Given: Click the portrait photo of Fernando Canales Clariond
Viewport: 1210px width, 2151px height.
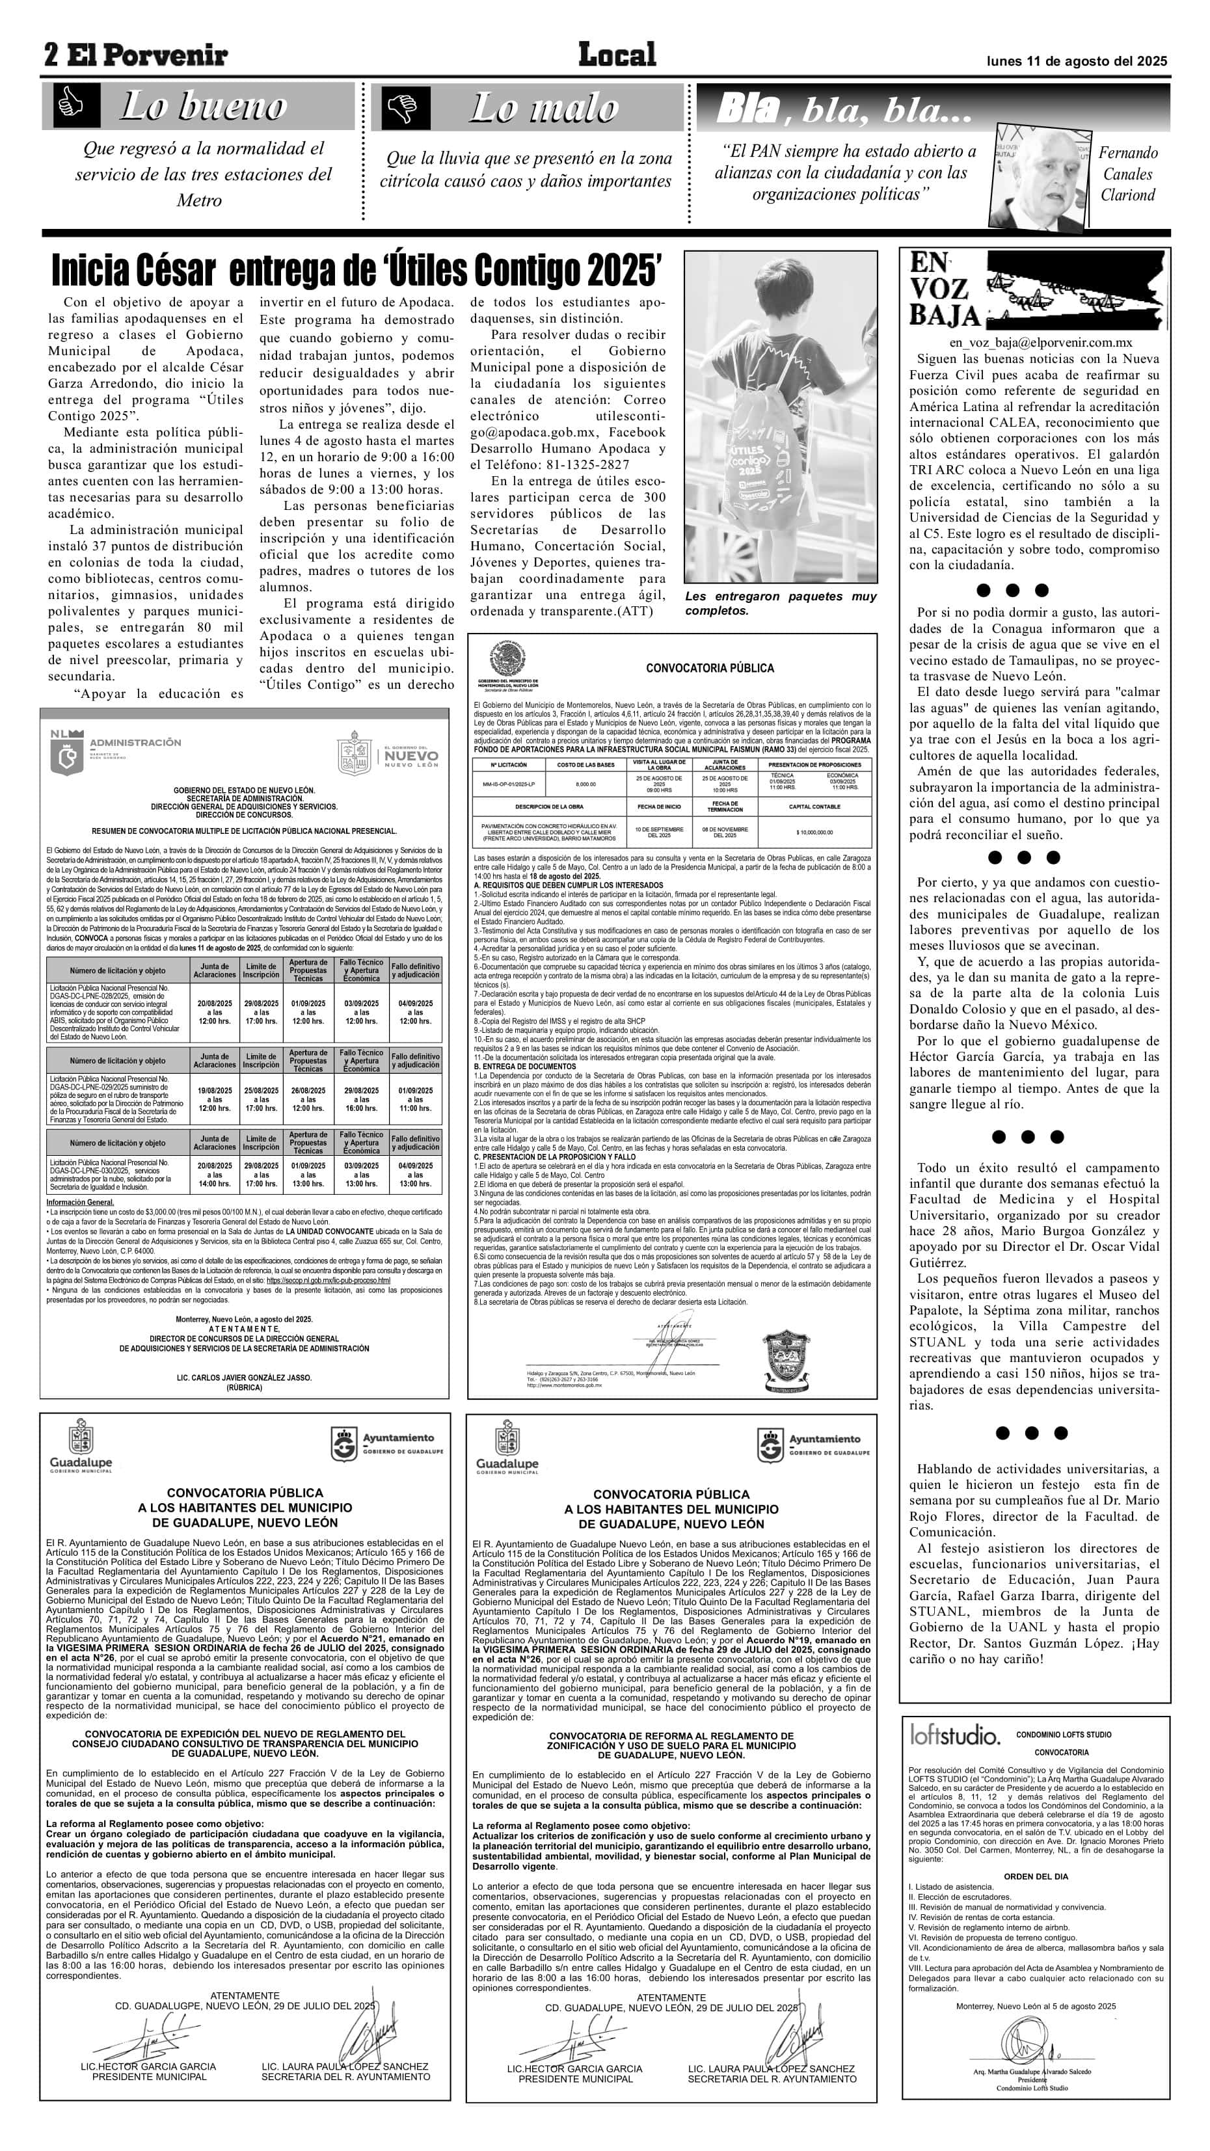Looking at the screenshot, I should pyautogui.click(x=1040, y=178).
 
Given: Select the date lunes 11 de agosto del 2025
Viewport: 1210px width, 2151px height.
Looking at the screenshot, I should pyautogui.click(x=1077, y=61).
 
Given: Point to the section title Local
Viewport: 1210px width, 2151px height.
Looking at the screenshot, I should pyautogui.click(x=617, y=55).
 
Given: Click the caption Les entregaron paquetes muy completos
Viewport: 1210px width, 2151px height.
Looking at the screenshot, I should pyautogui.click(x=780, y=603).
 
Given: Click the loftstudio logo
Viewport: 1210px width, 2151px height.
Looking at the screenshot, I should pyautogui.click(x=954, y=1736).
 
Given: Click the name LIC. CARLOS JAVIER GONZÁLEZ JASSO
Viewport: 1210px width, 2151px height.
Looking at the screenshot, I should pyautogui.click(x=244, y=1378).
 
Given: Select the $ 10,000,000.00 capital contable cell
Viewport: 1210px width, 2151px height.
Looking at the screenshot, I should pyautogui.click(x=814, y=833).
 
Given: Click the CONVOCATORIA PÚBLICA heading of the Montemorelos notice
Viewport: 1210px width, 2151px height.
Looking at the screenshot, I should pyautogui.click(x=710, y=668).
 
